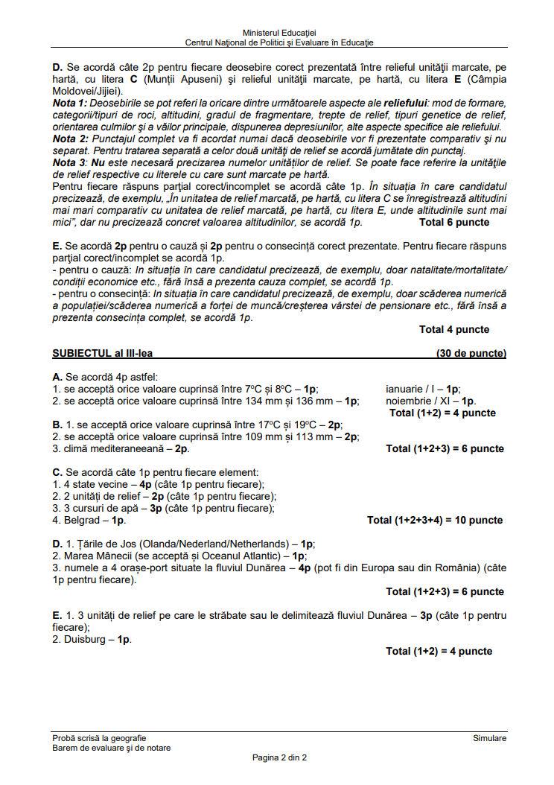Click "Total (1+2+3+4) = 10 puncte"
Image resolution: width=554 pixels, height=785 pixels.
[x=435, y=520]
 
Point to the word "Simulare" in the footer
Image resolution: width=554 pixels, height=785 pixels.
[x=489, y=738]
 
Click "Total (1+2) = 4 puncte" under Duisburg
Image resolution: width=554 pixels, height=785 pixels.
[x=439, y=651]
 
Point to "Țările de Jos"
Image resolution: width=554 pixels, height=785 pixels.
[x=97, y=544]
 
